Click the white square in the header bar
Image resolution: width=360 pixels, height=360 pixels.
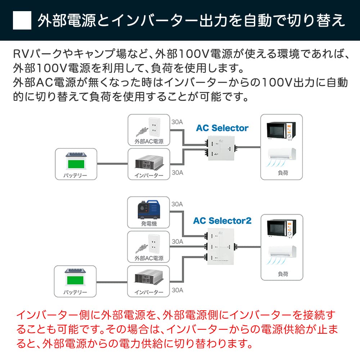(x=22, y=21)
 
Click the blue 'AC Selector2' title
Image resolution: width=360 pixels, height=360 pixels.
(x=222, y=220)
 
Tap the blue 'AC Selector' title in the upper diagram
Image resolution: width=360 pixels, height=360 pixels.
(x=222, y=128)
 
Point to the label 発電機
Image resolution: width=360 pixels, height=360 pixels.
(x=148, y=224)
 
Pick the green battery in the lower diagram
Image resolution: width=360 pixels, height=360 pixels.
(x=75, y=278)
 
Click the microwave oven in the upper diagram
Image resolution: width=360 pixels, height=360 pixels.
(x=281, y=130)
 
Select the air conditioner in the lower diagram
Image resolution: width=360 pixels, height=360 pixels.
(x=282, y=255)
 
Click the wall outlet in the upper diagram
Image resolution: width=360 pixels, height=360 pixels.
(x=154, y=126)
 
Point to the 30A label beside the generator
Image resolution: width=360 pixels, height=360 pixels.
(x=177, y=204)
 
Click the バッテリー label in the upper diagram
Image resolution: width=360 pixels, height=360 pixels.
(x=75, y=176)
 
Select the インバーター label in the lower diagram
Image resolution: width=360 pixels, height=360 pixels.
(x=148, y=292)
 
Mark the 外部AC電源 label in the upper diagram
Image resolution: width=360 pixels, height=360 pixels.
(x=149, y=141)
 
